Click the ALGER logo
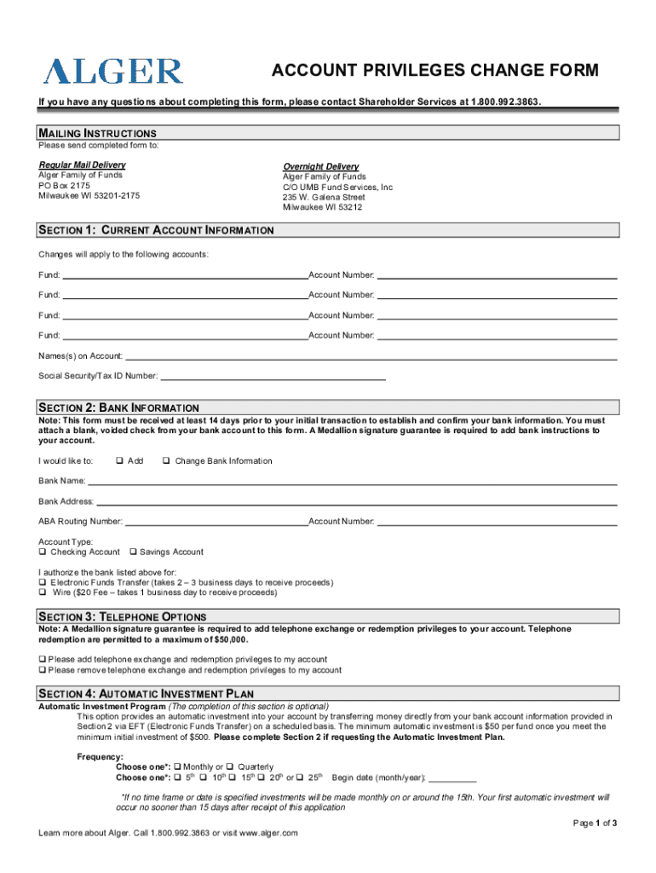(x=113, y=70)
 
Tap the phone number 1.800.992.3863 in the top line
(x=505, y=102)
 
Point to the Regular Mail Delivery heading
(x=82, y=165)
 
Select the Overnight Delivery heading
(x=320, y=166)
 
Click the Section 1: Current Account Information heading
(x=156, y=230)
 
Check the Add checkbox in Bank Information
(x=118, y=461)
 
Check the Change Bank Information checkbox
(x=165, y=461)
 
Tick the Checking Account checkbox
(x=43, y=552)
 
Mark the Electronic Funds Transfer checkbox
(x=43, y=582)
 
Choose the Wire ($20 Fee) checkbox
(x=43, y=593)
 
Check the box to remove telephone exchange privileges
(x=43, y=670)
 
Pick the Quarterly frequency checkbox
(x=230, y=766)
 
